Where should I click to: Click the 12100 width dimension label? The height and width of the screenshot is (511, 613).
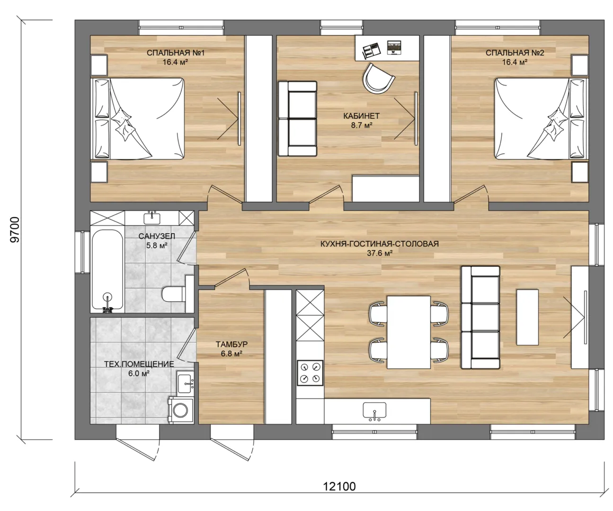click(339, 486)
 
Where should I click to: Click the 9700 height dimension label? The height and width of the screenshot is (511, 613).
click(15, 229)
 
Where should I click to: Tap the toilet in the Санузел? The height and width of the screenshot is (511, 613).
click(173, 294)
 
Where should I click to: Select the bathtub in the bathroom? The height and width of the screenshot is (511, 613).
click(107, 269)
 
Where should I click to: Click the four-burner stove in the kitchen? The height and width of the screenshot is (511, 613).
click(310, 373)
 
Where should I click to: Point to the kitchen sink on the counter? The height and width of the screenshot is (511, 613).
click(374, 411)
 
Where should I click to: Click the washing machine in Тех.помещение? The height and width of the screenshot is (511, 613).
click(180, 410)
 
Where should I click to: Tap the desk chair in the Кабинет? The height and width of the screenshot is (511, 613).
click(378, 78)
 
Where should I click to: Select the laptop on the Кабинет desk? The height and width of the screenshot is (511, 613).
click(394, 47)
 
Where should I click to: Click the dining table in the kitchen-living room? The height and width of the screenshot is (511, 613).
click(409, 332)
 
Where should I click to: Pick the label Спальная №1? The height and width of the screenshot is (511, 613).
click(175, 53)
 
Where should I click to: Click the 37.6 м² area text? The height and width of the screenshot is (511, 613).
click(380, 253)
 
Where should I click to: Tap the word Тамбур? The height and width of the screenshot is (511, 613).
click(231, 344)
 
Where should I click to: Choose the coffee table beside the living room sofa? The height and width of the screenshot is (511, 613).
click(527, 317)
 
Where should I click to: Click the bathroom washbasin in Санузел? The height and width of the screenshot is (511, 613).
click(152, 218)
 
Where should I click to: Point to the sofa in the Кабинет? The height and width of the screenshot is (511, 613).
click(297, 119)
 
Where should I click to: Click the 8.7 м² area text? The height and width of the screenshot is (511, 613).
click(362, 125)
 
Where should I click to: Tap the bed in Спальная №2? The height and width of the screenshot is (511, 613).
click(542, 118)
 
